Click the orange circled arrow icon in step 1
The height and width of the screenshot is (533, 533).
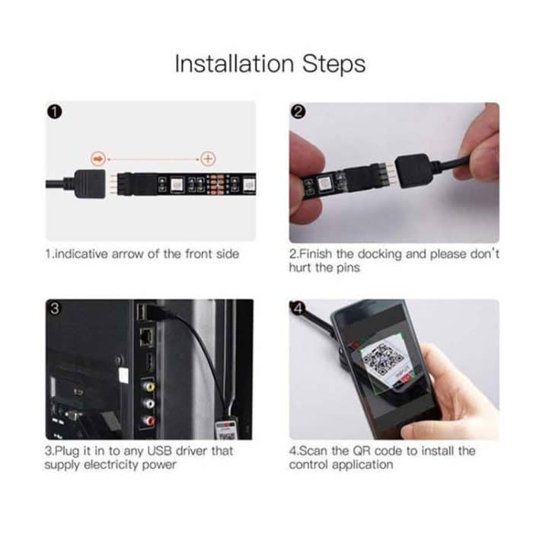97,158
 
